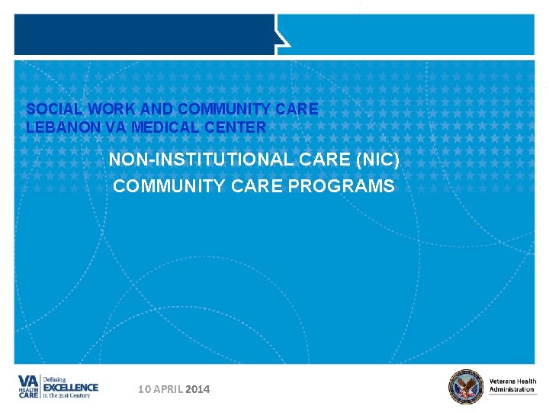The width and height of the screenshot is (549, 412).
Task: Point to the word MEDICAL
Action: [x=165, y=127]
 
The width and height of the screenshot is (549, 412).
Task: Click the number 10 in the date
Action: [x=145, y=389]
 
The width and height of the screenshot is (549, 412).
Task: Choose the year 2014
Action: [x=197, y=389]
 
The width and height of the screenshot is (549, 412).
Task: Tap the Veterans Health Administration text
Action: [x=512, y=385]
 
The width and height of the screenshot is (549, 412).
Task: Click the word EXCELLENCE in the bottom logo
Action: [x=71, y=387]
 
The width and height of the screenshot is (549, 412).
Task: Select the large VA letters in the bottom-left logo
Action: [x=28, y=381]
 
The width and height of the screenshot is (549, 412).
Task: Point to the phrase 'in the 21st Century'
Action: [x=66, y=395]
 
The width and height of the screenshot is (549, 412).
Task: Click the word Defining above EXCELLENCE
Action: [x=55, y=378]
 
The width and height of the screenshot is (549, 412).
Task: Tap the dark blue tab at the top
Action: [x=145, y=34]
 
